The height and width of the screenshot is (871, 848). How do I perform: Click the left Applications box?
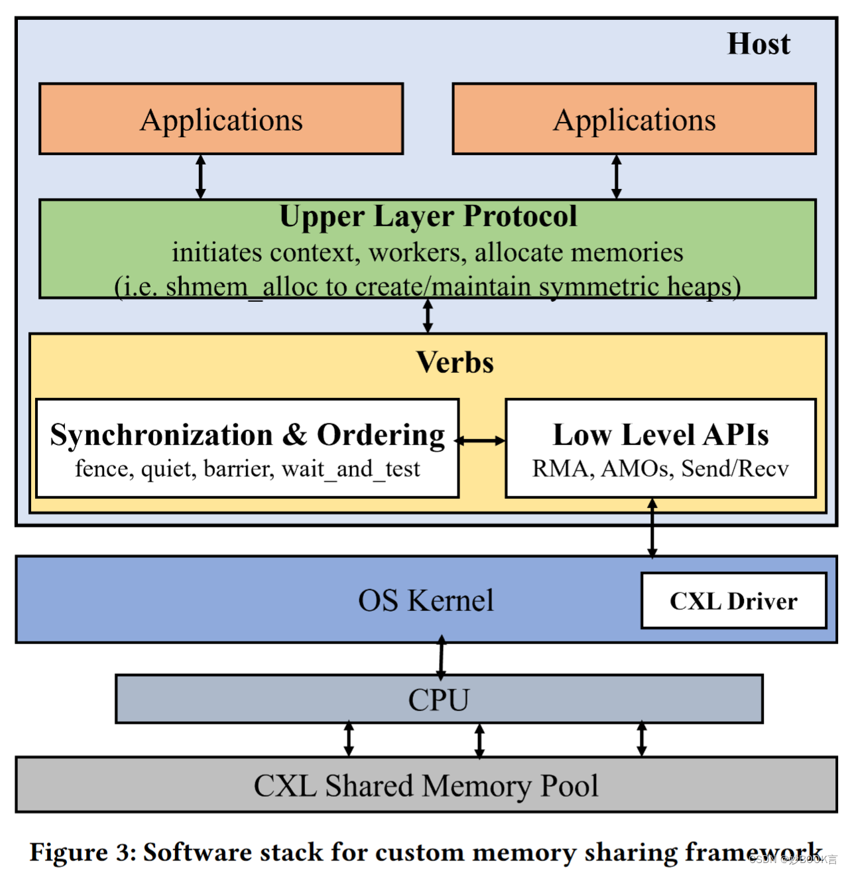(221, 119)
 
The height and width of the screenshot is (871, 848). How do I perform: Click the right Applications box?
(634, 119)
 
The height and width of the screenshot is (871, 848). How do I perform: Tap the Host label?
(758, 44)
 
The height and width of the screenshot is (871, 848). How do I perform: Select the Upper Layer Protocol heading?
(428, 216)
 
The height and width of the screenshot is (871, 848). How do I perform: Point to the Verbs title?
(455, 362)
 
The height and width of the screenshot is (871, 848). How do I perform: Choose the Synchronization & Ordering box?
(247, 448)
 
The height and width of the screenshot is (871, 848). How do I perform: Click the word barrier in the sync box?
(238, 469)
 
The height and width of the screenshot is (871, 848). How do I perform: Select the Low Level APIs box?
(660, 448)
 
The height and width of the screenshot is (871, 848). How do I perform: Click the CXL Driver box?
(733, 600)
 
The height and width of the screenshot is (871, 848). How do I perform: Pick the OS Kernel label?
(426, 600)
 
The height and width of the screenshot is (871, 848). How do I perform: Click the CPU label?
(438, 700)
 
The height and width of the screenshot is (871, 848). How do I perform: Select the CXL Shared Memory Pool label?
(426, 785)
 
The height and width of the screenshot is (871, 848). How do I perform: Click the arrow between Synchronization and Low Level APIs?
(481, 440)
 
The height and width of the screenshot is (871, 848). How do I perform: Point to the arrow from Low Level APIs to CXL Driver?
(652, 528)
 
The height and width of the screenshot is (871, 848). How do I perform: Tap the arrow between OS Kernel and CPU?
(442, 657)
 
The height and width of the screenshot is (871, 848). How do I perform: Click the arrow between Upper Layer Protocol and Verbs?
(428, 316)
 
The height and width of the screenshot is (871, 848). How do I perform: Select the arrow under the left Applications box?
(200, 176)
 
